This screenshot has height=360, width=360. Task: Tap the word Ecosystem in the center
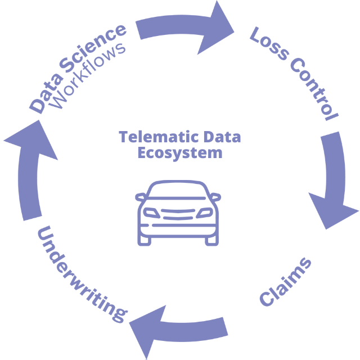pyautogui.click(x=180, y=152)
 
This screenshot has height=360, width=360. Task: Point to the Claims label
pyautogui.click(x=286, y=283)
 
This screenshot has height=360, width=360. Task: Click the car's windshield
pyautogui.click(x=179, y=194)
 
